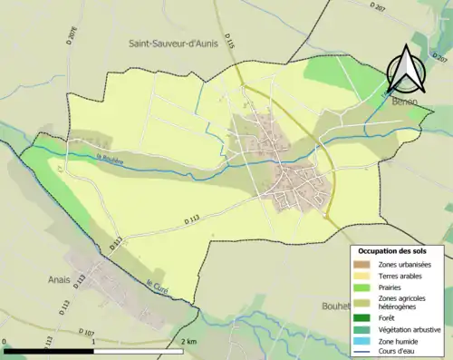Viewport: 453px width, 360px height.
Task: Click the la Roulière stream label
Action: tap(84, 161)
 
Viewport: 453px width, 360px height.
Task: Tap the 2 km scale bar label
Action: tap(188, 342)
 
